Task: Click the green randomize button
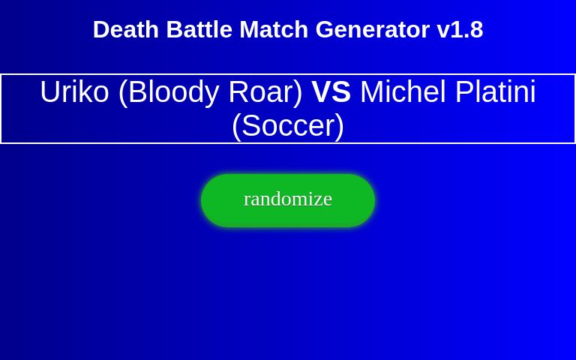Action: (x=288, y=199)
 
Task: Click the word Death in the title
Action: (x=126, y=30)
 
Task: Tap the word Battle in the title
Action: (x=199, y=30)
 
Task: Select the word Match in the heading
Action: (x=274, y=30)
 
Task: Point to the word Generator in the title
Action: (x=372, y=30)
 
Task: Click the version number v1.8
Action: (x=460, y=30)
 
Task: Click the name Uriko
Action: (x=74, y=92)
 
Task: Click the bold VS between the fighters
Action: (x=331, y=92)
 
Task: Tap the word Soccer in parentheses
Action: (x=288, y=126)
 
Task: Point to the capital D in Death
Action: (x=100, y=30)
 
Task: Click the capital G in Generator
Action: (x=325, y=30)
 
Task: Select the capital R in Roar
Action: (x=239, y=92)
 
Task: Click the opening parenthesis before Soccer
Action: (x=236, y=126)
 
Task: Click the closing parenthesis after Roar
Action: (x=298, y=92)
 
